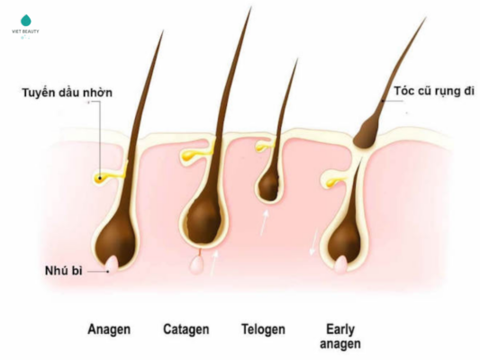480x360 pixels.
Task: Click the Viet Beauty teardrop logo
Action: pyautogui.click(x=26, y=20)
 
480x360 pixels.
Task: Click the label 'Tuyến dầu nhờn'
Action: pyautogui.click(x=67, y=93)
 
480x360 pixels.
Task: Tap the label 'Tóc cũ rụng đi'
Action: pyautogui.click(x=434, y=91)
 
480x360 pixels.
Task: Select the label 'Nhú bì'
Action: pyautogui.click(x=63, y=271)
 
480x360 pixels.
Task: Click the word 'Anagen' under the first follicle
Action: pyautogui.click(x=109, y=329)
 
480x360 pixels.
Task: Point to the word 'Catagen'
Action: pyautogui.click(x=186, y=329)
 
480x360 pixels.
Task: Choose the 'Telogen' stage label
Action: pyautogui.click(x=263, y=329)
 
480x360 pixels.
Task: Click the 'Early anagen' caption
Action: pyautogui.click(x=340, y=337)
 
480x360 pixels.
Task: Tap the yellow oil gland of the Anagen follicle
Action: pyautogui.click(x=108, y=176)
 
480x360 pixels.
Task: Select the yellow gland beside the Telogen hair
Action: pyautogui.click(x=264, y=146)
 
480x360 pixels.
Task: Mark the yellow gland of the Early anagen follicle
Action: pyautogui.click(x=335, y=182)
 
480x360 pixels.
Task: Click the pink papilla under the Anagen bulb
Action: pyautogui.click(x=112, y=265)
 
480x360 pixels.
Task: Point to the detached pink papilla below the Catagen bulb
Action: pyautogui.click(x=196, y=265)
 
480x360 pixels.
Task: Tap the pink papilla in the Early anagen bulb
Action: pyautogui.click(x=340, y=264)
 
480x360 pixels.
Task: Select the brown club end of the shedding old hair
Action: pyautogui.click(x=366, y=131)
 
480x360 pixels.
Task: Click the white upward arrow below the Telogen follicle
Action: pyautogui.click(x=265, y=223)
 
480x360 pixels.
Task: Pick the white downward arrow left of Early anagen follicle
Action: pyautogui.click(x=313, y=241)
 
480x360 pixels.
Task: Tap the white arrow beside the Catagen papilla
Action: pyautogui.click(x=214, y=263)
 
